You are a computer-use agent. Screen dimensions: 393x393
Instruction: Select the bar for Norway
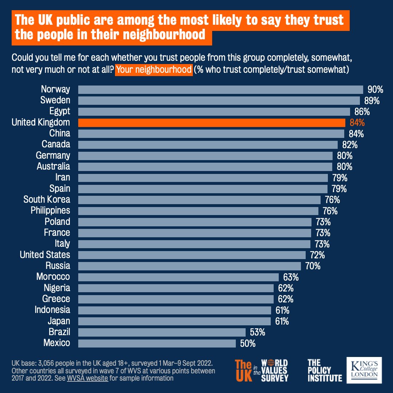(x=221, y=90)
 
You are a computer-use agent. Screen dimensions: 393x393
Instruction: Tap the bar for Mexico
(x=157, y=343)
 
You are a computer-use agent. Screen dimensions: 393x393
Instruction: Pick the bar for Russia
(x=190, y=266)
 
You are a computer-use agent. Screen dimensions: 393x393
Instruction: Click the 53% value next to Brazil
(x=258, y=332)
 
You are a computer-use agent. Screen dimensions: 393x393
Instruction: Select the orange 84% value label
(x=357, y=123)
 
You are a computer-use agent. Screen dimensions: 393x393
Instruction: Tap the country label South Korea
(x=47, y=199)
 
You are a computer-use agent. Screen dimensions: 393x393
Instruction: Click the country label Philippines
(x=50, y=211)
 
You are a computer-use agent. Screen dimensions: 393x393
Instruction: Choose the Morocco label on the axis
(x=53, y=277)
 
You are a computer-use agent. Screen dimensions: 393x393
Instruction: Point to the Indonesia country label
(x=52, y=310)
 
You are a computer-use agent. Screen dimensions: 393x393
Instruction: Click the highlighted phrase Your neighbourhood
(x=154, y=70)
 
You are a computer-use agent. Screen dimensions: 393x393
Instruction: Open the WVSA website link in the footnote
(x=87, y=378)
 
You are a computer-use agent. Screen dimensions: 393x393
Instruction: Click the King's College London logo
(x=364, y=370)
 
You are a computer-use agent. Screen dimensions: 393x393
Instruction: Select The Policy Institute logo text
(x=325, y=370)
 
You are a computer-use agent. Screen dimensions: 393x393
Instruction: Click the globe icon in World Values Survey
(x=269, y=363)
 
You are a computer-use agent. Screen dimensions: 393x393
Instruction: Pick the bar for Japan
(x=174, y=321)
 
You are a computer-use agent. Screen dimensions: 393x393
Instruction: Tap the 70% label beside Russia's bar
(x=313, y=266)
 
